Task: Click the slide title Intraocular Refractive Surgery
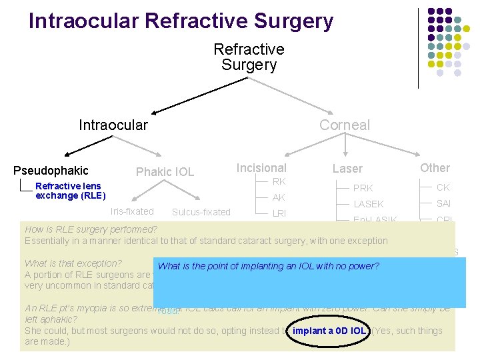[181, 21]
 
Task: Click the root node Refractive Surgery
[249, 57]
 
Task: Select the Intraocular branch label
[113, 125]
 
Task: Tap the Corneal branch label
[344, 125]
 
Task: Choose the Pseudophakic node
[51, 171]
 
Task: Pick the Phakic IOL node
[165, 172]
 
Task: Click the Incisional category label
[261, 168]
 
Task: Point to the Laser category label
[347, 169]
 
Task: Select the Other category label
[435, 168]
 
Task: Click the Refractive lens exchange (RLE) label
[70, 191]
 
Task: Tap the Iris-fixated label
[132, 211]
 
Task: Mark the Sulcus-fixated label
[201, 212]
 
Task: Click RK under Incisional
[279, 181]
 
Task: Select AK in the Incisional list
[279, 197]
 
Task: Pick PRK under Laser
[363, 188]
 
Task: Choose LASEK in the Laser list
[368, 204]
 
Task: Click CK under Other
[443, 187]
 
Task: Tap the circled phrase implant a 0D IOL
[329, 331]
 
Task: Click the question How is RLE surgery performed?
[91, 229]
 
